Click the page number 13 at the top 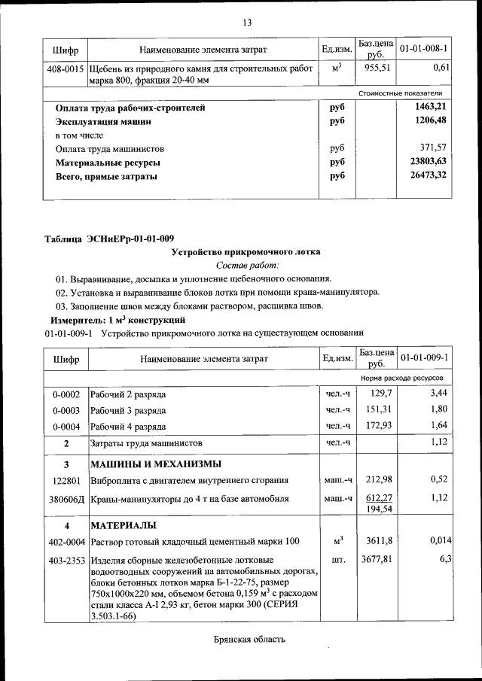(247, 21)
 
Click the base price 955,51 (374, 68)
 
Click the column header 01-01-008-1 (423, 50)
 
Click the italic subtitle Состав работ (247, 266)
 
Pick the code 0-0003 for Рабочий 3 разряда (66, 410)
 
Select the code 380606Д (66, 498)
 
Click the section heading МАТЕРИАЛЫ (123, 524)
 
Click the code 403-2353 (66, 560)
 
